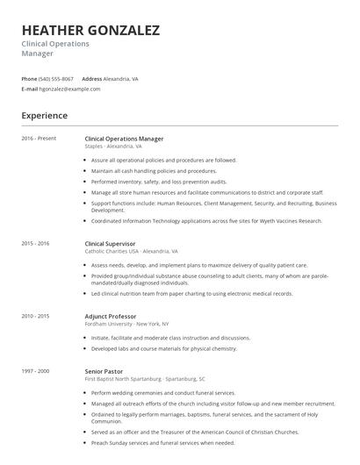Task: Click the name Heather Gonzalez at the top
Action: pos(90,31)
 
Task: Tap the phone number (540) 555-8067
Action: pos(56,78)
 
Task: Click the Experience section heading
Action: pos(45,115)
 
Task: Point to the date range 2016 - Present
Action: pos(40,139)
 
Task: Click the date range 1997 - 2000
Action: pos(37,370)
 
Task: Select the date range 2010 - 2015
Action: pos(37,315)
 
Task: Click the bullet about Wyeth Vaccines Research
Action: pos(206,220)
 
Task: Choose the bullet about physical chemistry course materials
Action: pos(164,347)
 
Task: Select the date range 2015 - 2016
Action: pos(37,243)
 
